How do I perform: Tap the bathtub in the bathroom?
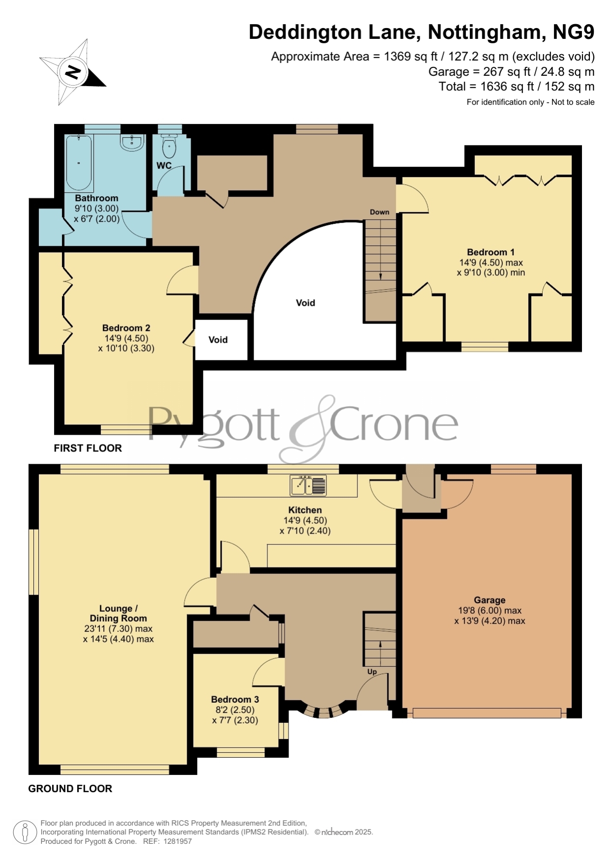pos(79,163)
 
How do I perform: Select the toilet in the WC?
pos(169,145)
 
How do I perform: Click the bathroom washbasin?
pos(132,142)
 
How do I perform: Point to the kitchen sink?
pos(308,485)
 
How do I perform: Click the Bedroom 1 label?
pos(491,252)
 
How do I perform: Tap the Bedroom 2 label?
pos(126,328)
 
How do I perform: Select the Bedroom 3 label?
pos(235,699)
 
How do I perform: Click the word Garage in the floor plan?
pos(490,600)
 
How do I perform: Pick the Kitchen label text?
pos(305,510)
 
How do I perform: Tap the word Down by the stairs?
pos(379,212)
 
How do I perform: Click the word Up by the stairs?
pos(372,672)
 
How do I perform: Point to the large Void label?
pos(305,303)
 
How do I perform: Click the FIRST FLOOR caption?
pos(88,448)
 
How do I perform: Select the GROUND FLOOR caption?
pos(70,789)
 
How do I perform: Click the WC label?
pos(164,165)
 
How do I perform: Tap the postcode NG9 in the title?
pos(574,32)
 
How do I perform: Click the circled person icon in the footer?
pos(25,833)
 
